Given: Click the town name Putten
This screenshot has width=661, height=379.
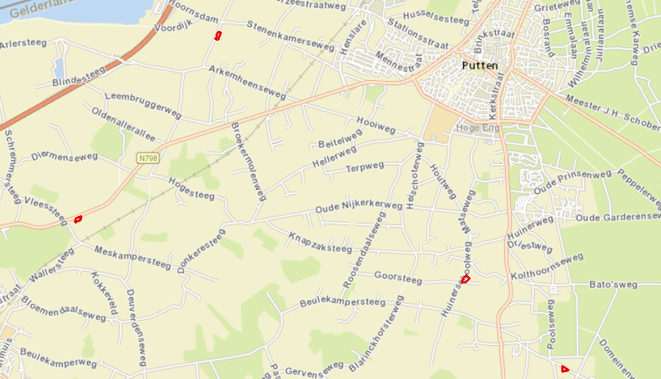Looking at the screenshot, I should pyautogui.click(x=480, y=65).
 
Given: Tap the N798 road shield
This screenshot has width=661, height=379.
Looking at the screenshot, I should pyautogui.click(x=148, y=159).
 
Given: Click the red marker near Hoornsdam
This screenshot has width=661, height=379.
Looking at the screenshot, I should pyautogui.click(x=218, y=35).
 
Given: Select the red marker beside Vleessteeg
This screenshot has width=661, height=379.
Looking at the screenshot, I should pyautogui.click(x=78, y=219).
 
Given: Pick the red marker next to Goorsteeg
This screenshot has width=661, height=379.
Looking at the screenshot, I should pyautogui.click(x=465, y=279).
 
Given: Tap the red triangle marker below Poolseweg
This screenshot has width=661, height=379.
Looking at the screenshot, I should pyautogui.click(x=565, y=368).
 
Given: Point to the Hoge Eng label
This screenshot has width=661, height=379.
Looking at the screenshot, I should pyautogui.click(x=477, y=128).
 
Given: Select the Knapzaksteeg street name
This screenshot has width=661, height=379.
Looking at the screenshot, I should pyautogui.click(x=320, y=243).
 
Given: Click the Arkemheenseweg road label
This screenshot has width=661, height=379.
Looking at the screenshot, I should pyautogui.click(x=248, y=81).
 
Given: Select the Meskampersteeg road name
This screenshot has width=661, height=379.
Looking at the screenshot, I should pyautogui.click(x=132, y=257).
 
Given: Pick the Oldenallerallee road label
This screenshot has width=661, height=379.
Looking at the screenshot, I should pyautogui.click(x=124, y=123).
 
